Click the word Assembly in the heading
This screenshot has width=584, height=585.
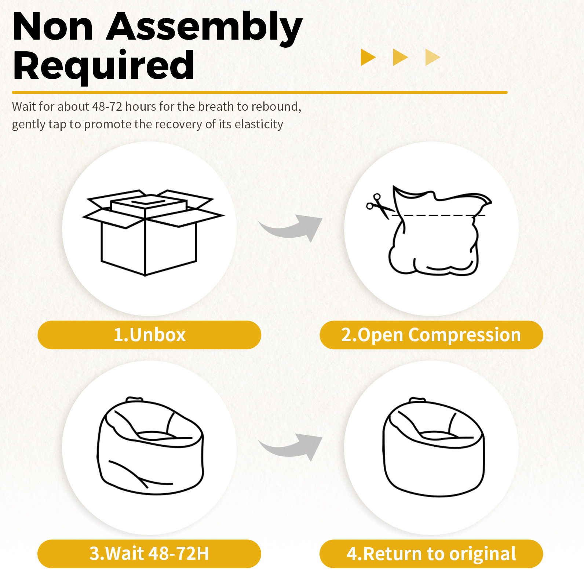pos(204,28)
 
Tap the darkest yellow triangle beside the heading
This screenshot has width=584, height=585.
pos(368,57)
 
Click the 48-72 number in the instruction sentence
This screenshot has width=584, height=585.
pos(107,106)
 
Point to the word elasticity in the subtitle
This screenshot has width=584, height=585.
pos(259,124)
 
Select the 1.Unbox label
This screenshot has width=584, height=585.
pos(149,335)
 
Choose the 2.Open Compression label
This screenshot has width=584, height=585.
pos(431,335)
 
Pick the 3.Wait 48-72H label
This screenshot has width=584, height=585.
pos(149,553)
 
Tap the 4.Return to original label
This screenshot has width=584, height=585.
pos(431,553)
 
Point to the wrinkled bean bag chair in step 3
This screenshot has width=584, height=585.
pos(150,446)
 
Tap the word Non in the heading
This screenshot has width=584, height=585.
pos(53,28)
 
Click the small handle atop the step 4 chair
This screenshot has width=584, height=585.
pos(417,400)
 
